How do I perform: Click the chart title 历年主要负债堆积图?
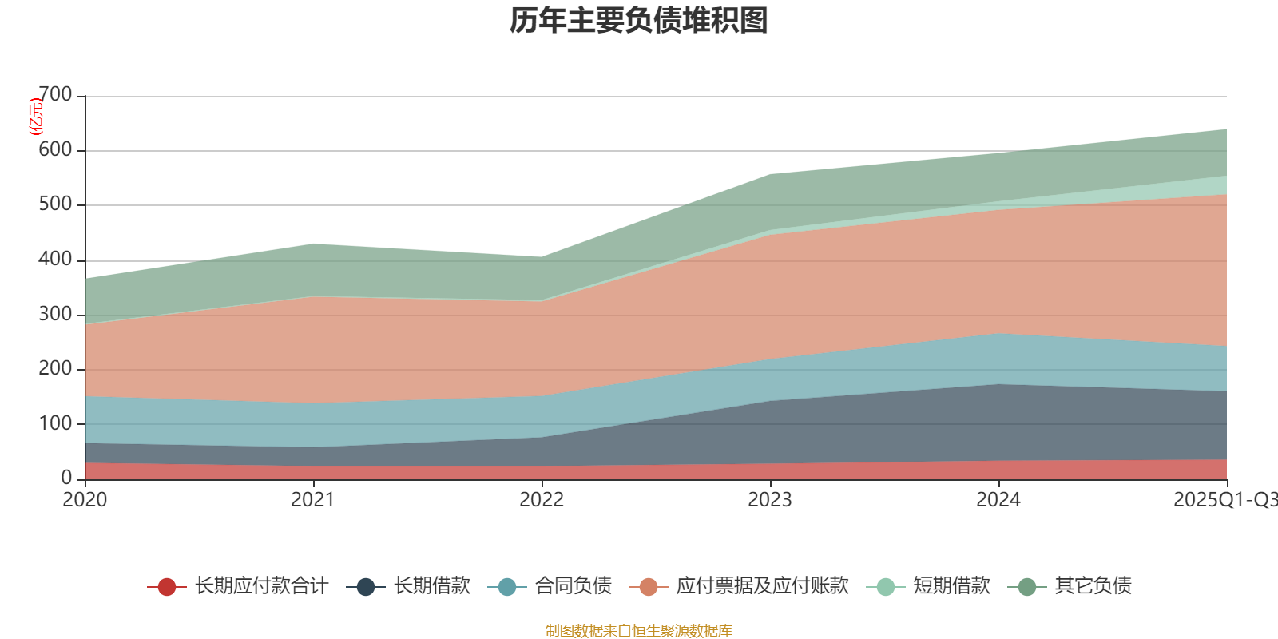coord(639,21)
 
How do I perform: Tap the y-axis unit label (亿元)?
coord(36,117)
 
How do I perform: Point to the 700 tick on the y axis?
coord(55,95)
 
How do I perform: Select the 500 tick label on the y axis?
coord(55,204)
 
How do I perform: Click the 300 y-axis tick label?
coord(55,314)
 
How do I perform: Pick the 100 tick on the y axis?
coord(55,423)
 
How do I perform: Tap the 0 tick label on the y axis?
coord(66,478)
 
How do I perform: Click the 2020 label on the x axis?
coord(85,500)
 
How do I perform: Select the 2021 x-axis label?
coord(313,500)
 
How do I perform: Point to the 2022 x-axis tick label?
coord(542,500)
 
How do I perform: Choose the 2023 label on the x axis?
coord(770,500)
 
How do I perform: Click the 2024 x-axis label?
coord(998,500)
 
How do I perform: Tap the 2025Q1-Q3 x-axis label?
coord(1224,500)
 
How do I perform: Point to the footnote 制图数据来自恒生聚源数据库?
coord(639,631)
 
